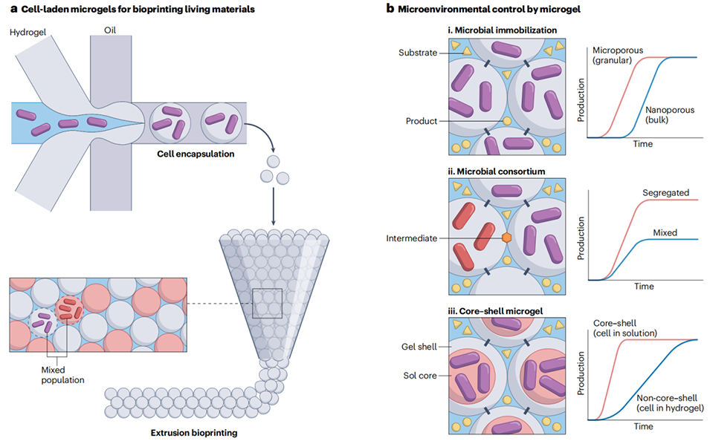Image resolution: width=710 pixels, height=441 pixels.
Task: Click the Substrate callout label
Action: pos(419,52)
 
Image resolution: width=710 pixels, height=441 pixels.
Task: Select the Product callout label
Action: pos(423,121)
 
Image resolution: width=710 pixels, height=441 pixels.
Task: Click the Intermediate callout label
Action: pos(413,238)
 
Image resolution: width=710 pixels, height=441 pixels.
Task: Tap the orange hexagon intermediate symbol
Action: pos(506,238)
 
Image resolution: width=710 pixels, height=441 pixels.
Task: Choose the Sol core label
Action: pos(422,375)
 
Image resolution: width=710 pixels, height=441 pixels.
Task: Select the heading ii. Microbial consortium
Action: pos(496,171)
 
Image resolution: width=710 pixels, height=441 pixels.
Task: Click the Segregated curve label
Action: pos(664,192)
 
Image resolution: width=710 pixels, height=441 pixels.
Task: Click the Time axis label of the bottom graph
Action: pos(643,427)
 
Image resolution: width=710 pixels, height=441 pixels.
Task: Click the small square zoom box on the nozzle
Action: pos(268,303)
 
